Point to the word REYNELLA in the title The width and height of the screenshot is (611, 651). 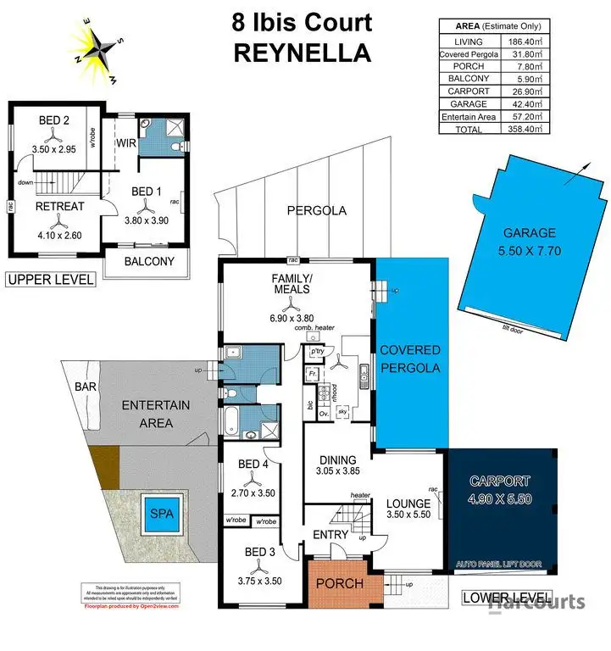pos(303,53)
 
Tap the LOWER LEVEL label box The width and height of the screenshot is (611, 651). pos(507,597)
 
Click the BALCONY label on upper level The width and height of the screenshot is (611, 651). pos(149,261)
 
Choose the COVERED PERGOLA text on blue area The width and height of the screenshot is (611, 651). pos(409,359)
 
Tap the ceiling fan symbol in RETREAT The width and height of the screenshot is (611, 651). pos(58,222)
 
